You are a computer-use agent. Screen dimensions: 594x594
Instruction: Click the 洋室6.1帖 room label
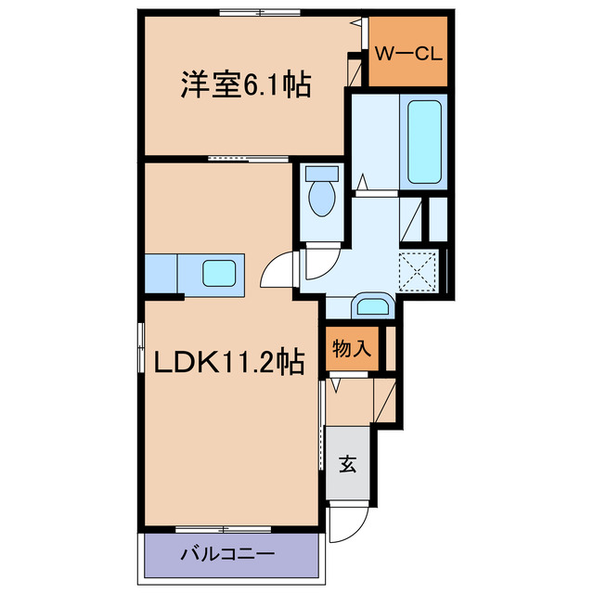(x=244, y=85)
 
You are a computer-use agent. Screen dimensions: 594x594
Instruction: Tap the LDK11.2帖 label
(x=222, y=363)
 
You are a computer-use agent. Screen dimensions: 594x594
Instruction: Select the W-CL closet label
(x=408, y=53)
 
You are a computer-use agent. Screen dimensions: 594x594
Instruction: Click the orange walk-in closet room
(x=408, y=65)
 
